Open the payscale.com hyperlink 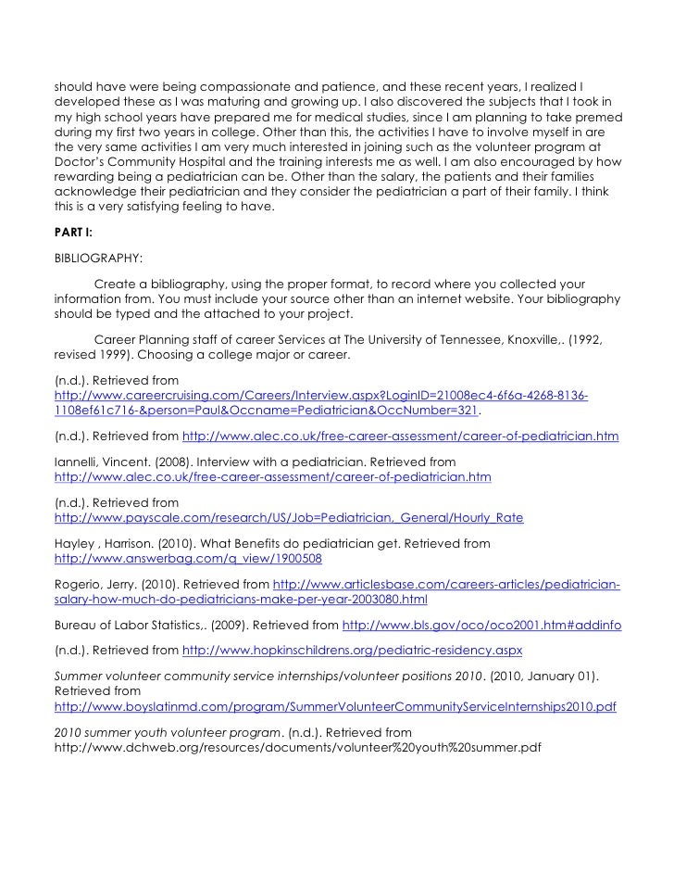(289, 517)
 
